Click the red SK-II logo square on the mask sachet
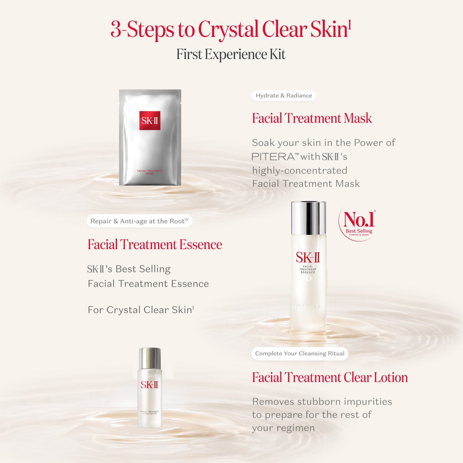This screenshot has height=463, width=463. tap(150, 121)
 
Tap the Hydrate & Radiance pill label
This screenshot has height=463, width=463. tap(284, 96)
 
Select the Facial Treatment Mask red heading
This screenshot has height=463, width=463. tap(312, 118)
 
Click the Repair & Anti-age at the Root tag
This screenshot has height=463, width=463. tap(139, 221)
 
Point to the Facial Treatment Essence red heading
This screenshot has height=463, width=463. tap(155, 245)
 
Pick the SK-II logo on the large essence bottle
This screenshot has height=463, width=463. tap(308, 258)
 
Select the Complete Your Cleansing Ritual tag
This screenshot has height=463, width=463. tap(300, 354)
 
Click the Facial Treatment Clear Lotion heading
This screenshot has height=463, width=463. tap(330, 378)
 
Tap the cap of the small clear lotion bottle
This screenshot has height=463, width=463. tap(150, 358)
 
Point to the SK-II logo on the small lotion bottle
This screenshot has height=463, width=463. tap(149, 385)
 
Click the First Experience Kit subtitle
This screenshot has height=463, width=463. tap(231, 54)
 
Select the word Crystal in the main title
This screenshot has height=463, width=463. tap(228, 29)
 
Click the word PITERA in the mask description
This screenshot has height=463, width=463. tap(273, 157)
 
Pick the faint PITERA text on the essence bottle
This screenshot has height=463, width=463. tap(308, 307)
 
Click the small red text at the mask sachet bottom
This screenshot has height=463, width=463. tap(150, 172)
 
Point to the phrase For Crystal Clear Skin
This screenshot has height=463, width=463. tap(141, 310)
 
